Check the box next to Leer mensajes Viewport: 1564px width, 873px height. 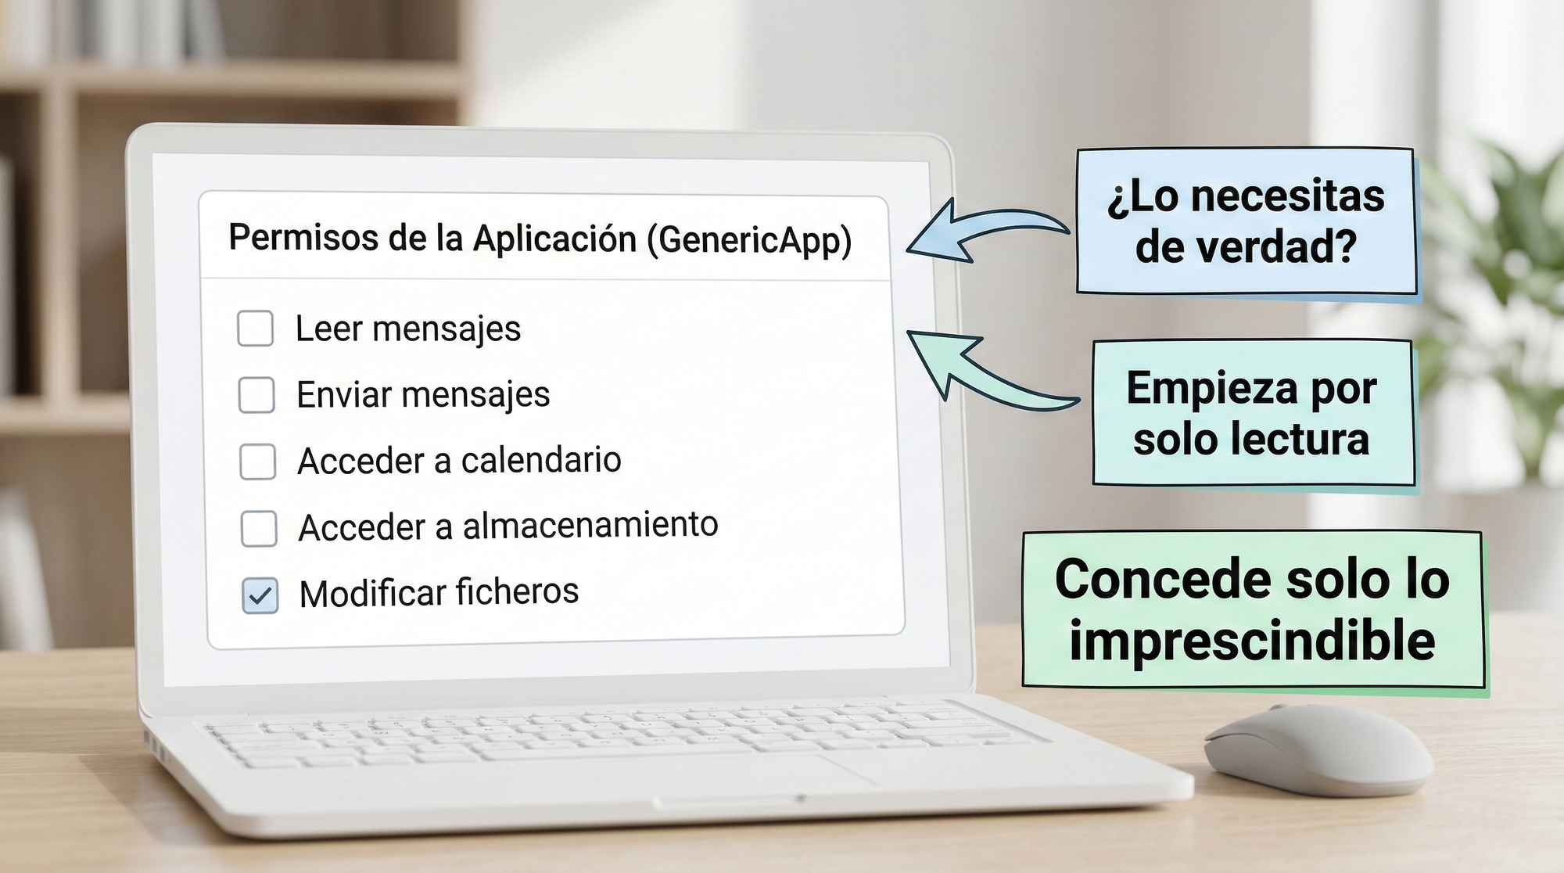pyautogui.click(x=255, y=329)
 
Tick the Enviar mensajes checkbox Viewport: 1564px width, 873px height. pyautogui.click(x=256, y=395)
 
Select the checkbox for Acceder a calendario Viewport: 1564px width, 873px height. pyautogui.click(x=257, y=462)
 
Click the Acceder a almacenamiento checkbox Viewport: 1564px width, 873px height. pyautogui.click(x=259, y=529)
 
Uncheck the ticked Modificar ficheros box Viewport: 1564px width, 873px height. pyautogui.click(x=260, y=596)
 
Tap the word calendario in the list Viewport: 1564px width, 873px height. pyautogui.click(x=541, y=460)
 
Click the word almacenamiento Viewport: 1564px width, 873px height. pyautogui.click(x=590, y=525)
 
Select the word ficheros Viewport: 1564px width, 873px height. pyautogui.click(x=517, y=591)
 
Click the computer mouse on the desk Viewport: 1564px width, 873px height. pyautogui.click(x=1318, y=749)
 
